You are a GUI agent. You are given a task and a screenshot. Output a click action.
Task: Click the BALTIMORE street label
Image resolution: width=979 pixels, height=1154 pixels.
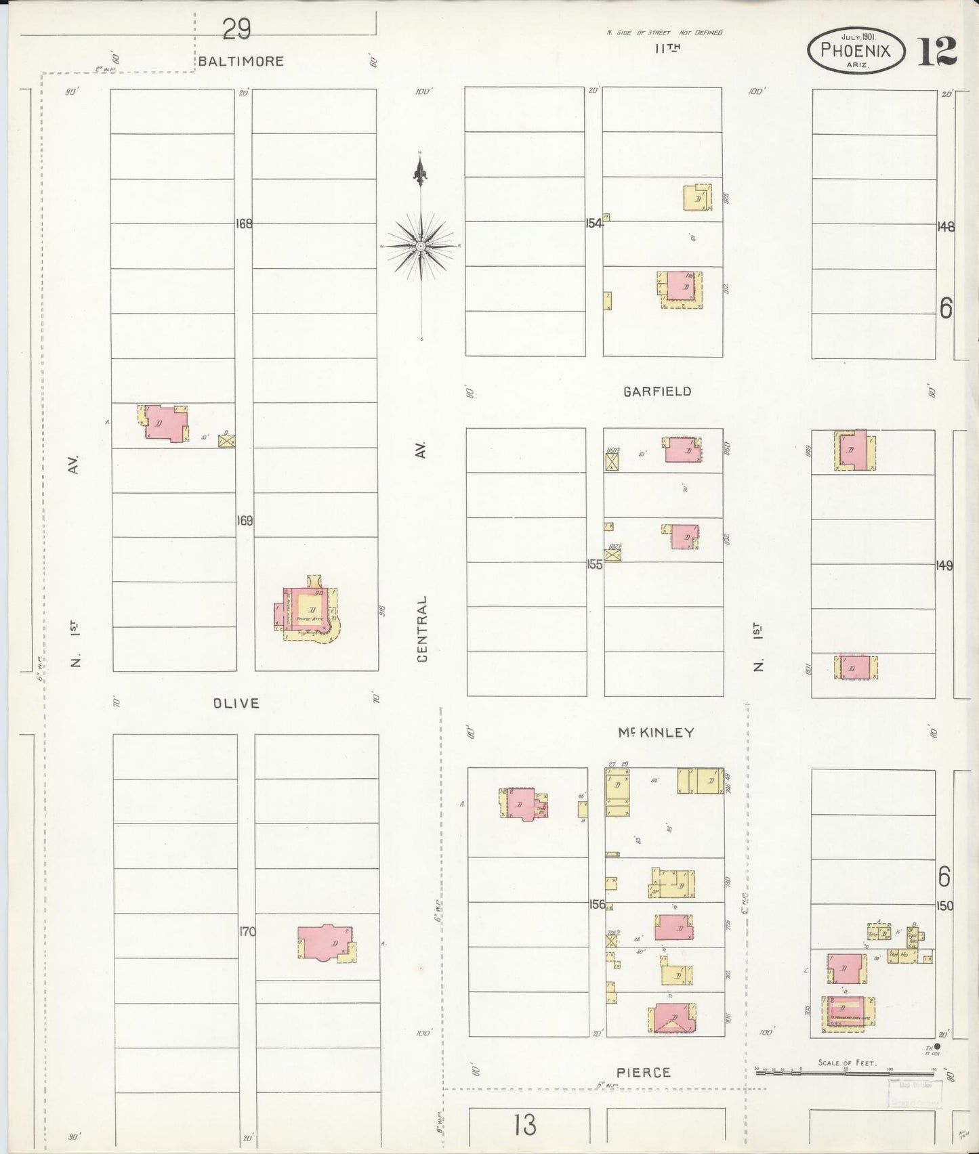point(241,61)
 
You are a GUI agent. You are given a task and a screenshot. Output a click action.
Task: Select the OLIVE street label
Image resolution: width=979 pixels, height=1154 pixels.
point(236,703)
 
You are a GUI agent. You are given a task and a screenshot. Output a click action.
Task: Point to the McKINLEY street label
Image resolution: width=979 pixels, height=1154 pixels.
point(656,732)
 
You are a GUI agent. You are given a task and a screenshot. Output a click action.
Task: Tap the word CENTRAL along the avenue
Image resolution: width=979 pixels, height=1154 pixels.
point(423,628)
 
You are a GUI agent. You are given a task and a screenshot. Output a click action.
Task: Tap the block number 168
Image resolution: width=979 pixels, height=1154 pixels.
point(244,223)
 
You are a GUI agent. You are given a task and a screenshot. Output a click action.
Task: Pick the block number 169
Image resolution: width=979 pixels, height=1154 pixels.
point(245,521)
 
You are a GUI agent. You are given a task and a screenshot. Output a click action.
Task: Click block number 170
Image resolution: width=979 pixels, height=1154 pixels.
point(247,932)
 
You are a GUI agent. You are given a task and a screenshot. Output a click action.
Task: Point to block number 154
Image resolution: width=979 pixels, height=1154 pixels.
point(593,223)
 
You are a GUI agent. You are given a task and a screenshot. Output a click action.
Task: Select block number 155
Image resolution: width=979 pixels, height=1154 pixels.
point(594,563)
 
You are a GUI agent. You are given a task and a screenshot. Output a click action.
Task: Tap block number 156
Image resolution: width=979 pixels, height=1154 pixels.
point(596,904)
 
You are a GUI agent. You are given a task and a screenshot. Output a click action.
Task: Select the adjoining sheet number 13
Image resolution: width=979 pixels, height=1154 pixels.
point(525,1126)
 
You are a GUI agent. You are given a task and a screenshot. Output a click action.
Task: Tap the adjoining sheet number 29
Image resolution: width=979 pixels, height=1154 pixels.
point(236,29)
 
